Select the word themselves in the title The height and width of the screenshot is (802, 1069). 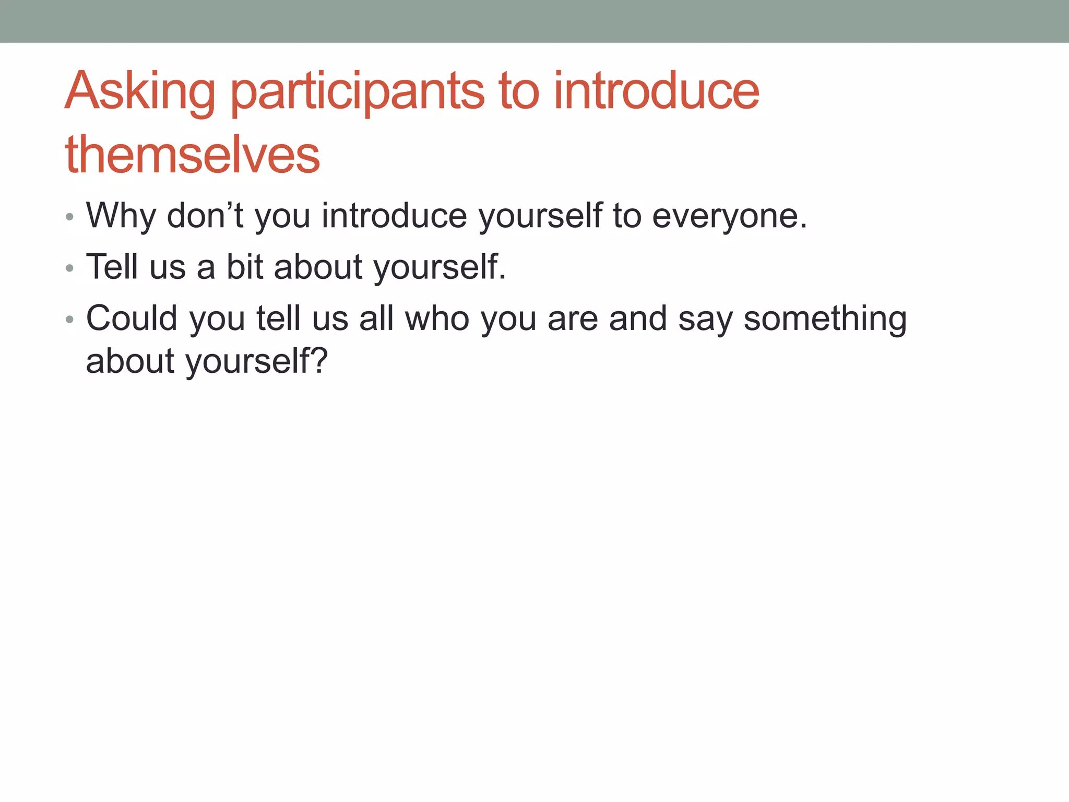click(x=192, y=155)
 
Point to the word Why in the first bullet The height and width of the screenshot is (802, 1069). click(x=121, y=216)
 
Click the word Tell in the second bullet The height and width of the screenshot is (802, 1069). click(x=112, y=266)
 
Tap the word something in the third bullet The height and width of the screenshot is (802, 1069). click(x=825, y=319)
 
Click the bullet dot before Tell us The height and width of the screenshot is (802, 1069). click(x=70, y=268)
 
